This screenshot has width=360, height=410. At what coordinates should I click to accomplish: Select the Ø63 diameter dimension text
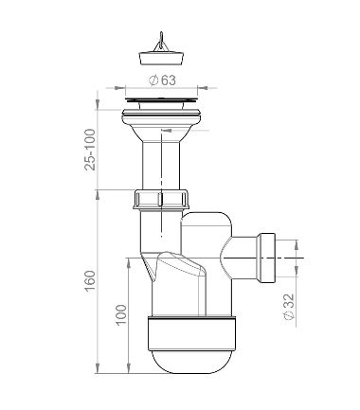pyautogui.click(x=169, y=80)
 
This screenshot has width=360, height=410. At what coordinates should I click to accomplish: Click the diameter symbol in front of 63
pyautogui.click(x=156, y=80)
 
